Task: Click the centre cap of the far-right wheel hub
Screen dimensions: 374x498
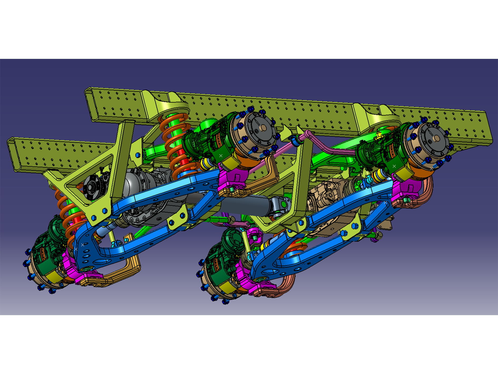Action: pyautogui.click(x=436, y=138)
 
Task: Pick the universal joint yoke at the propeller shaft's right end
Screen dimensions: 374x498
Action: pyautogui.click(x=279, y=205)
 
